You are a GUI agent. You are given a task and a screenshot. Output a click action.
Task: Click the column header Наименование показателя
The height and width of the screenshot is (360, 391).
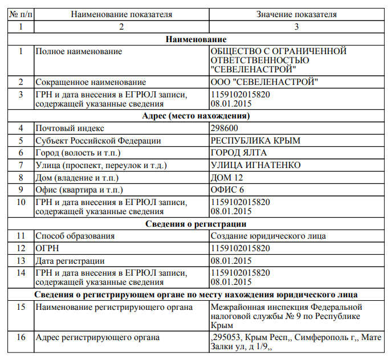[x=121, y=14]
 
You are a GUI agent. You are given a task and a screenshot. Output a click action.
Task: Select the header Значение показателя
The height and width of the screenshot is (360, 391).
[x=296, y=14]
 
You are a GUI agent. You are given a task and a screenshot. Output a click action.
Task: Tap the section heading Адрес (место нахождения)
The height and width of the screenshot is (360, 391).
[x=196, y=116]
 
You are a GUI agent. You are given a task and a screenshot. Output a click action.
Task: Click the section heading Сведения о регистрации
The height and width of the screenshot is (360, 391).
[x=196, y=224]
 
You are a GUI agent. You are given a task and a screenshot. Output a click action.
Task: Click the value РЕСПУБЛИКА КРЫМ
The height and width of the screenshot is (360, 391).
[x=255, y=141]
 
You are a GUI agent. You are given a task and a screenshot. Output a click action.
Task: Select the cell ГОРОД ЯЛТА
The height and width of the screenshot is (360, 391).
[x=239, y=153]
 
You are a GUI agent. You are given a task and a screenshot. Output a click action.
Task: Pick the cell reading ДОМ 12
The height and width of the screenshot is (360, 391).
[x=227, y=177]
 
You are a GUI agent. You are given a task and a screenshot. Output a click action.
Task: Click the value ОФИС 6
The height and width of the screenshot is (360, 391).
[x=227, y=189]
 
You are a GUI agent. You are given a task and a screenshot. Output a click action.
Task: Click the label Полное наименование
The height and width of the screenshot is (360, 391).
[x=79, y=51]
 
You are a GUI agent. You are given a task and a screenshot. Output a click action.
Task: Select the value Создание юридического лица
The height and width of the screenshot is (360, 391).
[x=268, y=236]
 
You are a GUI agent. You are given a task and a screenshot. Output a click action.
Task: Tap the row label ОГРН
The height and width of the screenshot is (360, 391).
[x=47, y=248]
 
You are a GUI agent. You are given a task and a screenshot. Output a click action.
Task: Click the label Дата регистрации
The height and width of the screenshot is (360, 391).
[x=70, y=261]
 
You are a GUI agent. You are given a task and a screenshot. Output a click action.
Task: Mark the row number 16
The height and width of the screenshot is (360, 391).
[x=21, y=338]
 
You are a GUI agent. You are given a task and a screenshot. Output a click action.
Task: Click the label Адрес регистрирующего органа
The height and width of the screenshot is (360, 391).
[x=97, y=338]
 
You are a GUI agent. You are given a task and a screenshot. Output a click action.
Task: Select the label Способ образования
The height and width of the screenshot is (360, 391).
[x=75, y=236]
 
